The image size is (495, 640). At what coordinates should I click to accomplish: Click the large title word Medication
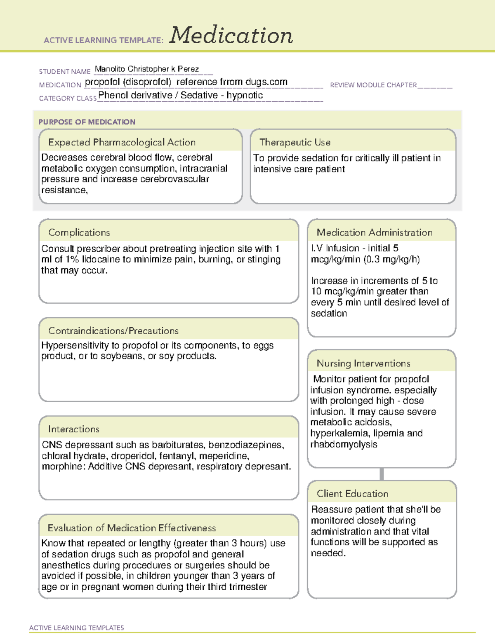coord(231,35)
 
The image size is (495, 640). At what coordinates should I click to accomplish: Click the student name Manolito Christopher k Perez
coord(147,69)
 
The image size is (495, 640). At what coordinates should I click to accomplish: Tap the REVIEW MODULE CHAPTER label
coord(373,85)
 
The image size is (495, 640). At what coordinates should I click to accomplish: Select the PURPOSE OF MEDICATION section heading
coord(87,122)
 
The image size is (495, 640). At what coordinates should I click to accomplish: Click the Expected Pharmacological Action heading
coord(122,142)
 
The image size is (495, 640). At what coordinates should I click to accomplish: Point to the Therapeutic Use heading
coord(295,142)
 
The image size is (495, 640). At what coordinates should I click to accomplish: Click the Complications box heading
coord(79,232)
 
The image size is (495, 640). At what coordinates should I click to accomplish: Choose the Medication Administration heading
coord(375,232)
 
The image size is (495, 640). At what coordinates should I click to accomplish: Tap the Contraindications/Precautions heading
coord(113,331)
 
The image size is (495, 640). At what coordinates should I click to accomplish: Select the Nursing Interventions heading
coord(363,363)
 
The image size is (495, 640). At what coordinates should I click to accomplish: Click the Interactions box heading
coord(73,429)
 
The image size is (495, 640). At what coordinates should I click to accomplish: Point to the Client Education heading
coord(352,494)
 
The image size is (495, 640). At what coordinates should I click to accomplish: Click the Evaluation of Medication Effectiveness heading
coord(132,528)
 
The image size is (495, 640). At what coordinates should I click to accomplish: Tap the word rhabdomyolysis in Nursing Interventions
coord(344,444)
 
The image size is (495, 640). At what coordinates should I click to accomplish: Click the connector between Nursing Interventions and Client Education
coord(382,474)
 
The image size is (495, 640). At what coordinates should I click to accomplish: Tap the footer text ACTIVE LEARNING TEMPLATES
coord(77,628)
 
